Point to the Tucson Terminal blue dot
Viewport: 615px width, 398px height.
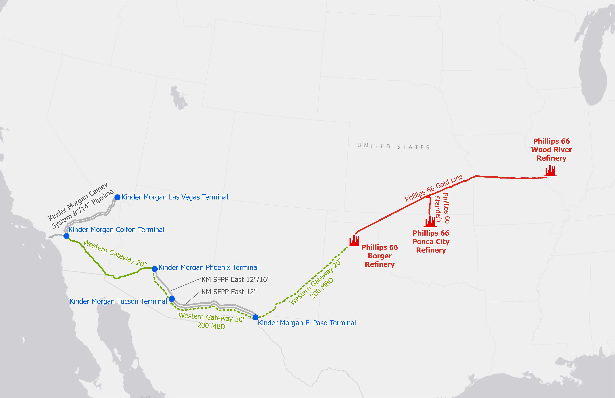pos(172,299)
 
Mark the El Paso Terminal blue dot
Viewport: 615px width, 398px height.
pos(255,317)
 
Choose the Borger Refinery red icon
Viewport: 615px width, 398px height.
pos(354,241)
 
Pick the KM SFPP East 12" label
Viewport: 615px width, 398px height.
pos(229,292)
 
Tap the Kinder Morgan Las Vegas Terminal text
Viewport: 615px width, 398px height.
pos(175,197)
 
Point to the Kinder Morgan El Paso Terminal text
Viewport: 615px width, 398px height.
pos(307,323)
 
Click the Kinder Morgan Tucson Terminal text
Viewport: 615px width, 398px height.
pos(118,301)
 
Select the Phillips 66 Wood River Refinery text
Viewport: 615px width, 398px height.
pos(551,150)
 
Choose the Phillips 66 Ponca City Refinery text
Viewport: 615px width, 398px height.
pos(431,242)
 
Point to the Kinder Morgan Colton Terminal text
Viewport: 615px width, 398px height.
pos(116,230)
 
